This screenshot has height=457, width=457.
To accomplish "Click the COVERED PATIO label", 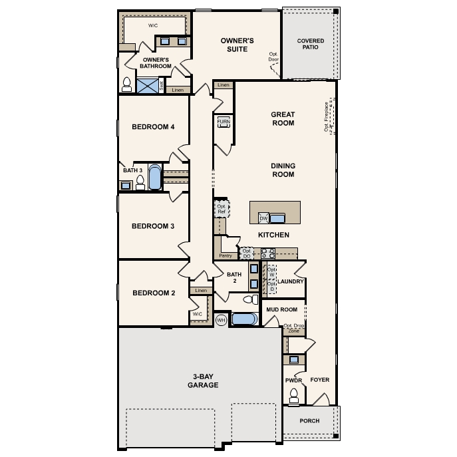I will click(x=311, y=45).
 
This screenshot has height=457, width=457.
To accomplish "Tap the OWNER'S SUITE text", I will click(x=237, y=45).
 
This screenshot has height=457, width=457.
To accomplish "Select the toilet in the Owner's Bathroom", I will click(x=127, y=84).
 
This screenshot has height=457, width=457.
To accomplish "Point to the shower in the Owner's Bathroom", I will click(x=150, y=85).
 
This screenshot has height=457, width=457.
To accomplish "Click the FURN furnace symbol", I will click(x=223, y=123).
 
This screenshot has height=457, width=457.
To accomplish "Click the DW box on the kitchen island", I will click(x=263, y=218).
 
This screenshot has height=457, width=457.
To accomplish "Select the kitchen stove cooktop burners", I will click(x=268, y=253).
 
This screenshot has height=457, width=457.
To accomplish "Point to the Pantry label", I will click(x=226, y=255).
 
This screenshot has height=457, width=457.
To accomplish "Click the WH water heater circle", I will click(x=222, y=320).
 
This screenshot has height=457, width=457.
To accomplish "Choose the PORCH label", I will click(x=309, y=421).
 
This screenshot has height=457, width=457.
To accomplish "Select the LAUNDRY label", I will click(x=291, y=281).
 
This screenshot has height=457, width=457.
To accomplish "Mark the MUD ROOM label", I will click(x=281, y=310).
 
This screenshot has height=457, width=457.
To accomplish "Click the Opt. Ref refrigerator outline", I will click(x=222, y=210).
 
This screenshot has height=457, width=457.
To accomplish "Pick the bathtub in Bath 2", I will click(x=243, y=319).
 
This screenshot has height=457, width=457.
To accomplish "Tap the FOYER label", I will click(x=320, y=380).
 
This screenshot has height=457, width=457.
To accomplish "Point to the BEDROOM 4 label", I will click(x=152, y=127).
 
